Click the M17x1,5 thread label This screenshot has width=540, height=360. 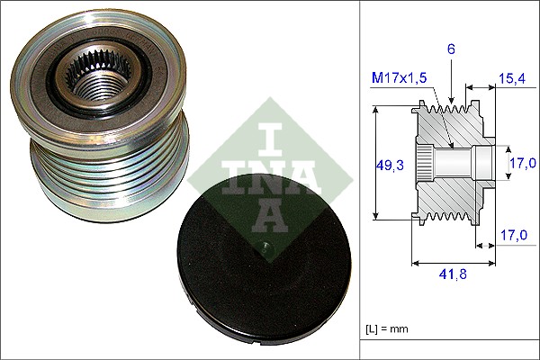click(x=400, y=78)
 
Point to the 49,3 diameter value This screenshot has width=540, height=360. click(x=390, y=164)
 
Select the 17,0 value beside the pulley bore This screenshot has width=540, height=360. click(x=522, y=163)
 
